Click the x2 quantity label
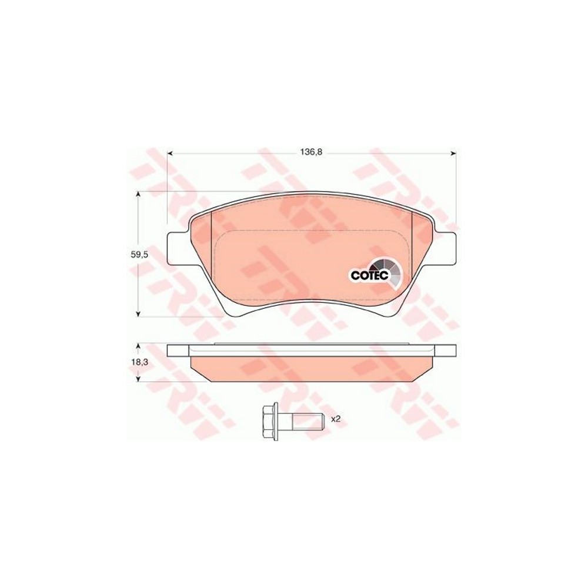[x=336, y=419]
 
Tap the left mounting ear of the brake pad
[x=178, y=248]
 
